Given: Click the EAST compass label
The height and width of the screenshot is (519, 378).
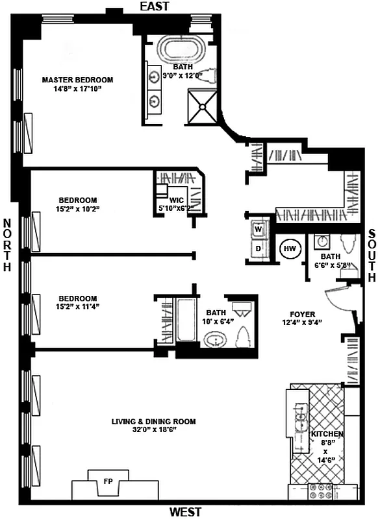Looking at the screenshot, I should point(153,6).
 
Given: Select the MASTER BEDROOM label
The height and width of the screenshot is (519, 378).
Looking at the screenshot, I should point(77,80).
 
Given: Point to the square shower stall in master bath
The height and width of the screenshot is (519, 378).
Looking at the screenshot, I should point(203,104).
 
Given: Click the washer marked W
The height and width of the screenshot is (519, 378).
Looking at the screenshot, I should point(258,229).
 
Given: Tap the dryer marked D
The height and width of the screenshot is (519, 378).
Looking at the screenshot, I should point(258,248).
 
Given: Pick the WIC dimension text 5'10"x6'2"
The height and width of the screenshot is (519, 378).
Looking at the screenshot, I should point(181,208).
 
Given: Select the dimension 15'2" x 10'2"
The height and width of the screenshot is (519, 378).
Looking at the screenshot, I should point(77,209).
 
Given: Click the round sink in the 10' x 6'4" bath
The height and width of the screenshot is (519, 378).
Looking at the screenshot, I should point(213,339).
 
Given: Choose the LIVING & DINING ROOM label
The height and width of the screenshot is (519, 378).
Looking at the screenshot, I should point(153,421).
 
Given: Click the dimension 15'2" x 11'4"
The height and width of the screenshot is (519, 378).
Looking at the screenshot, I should point(77,307).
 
